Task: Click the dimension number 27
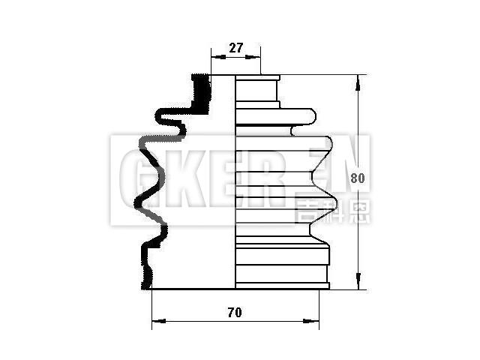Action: pyautogui.click(x=235, y=48)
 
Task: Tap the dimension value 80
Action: pyautogui.click(x=358, y=178)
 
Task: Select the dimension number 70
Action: pyautogui.click(x=235, y=312)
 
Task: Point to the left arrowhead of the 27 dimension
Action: pyautogui.click(x=215, y=56)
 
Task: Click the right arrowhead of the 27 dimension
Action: pyautogui.click(x=256, y=56)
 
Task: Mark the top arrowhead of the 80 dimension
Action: pyautogui.click(x=361, y=79)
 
